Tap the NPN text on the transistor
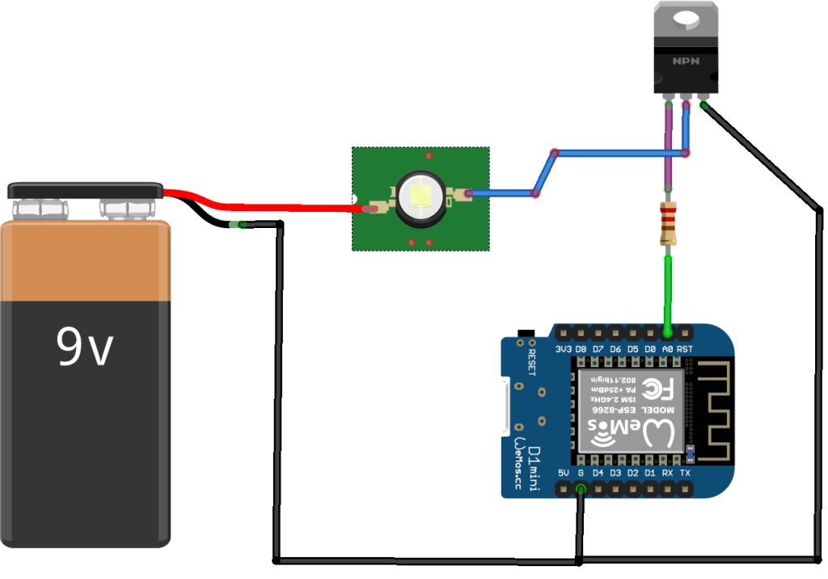point(685,61)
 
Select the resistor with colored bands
point(668,224)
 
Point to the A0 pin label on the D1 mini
point(668,349)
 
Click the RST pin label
point(685,349)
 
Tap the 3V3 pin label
point(564,349)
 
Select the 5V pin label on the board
point(564,472)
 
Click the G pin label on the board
point(581,472)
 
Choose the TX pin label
point(685,472)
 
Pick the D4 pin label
point(598,472)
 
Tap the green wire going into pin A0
point(668,291)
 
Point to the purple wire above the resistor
point(669,146)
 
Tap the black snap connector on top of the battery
point(85,190)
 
